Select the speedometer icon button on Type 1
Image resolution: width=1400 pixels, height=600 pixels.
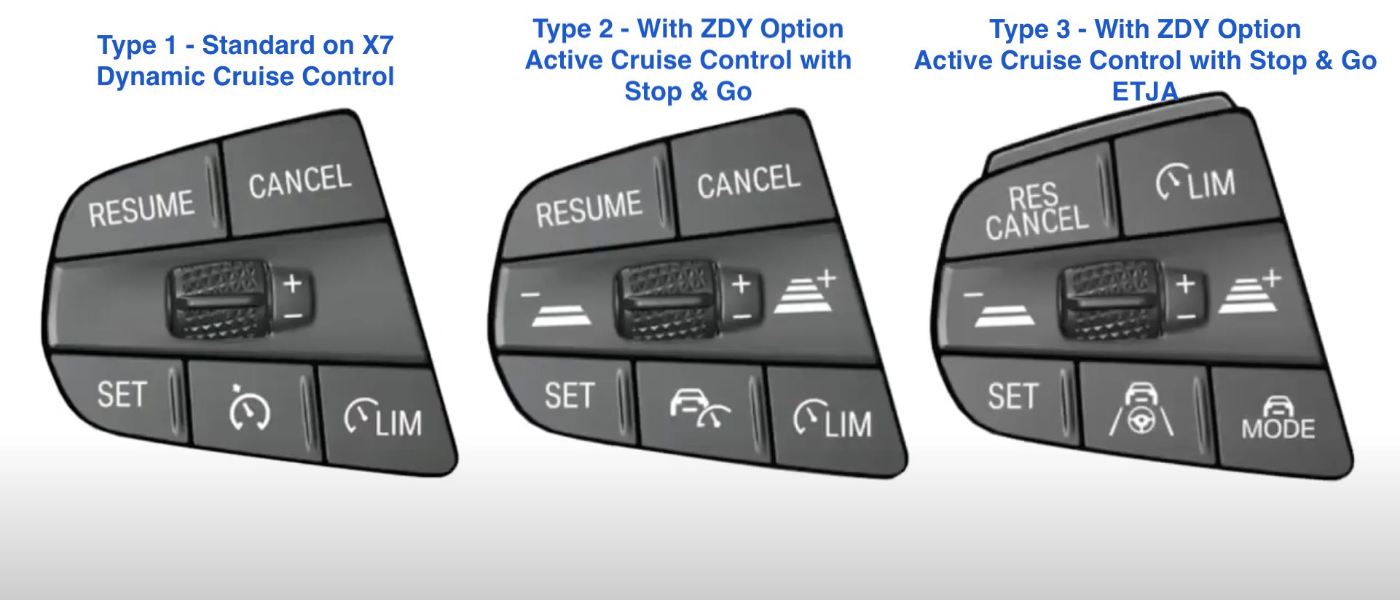250,410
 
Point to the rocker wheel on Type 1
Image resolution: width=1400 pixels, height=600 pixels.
219,300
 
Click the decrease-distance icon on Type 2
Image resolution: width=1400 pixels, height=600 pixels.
557,308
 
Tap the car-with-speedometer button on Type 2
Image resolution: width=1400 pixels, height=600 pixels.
699,408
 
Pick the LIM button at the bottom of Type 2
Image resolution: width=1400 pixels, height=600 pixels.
832,420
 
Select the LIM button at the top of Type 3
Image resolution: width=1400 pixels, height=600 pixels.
1196,182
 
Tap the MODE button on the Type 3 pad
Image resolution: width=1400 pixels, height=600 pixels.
1278,419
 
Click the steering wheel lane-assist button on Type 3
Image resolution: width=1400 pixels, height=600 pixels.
1141,410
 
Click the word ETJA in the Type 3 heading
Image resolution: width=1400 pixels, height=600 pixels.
1145,92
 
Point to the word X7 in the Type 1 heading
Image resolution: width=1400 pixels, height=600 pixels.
378,45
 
